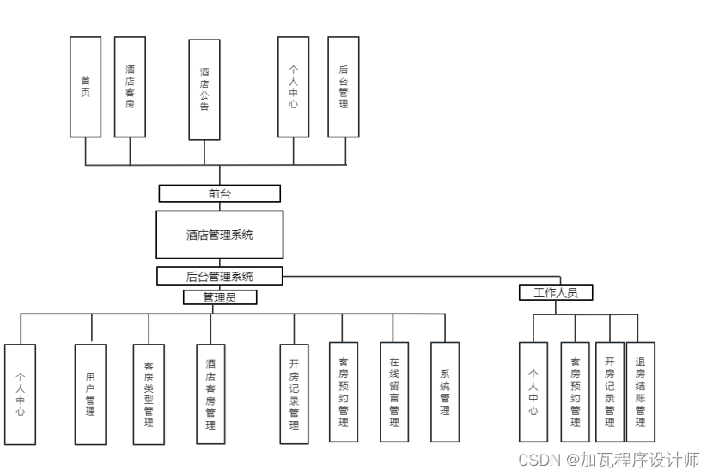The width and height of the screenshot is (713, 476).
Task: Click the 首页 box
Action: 85,87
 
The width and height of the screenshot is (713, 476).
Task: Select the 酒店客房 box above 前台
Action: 130,87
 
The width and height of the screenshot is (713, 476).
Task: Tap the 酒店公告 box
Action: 204,89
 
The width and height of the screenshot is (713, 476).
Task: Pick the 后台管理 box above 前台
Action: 344,87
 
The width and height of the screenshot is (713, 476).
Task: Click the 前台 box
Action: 220,193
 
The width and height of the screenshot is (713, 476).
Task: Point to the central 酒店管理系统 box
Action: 220,235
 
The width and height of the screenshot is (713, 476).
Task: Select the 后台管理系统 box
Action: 220,277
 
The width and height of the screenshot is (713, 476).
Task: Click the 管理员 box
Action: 220,297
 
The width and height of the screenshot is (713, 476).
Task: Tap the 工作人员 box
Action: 556,293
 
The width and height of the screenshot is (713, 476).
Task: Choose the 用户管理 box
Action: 90,394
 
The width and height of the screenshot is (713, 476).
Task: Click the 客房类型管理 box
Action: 149,394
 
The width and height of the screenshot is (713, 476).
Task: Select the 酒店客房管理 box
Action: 210,394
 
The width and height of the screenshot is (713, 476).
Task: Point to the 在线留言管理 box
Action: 394,392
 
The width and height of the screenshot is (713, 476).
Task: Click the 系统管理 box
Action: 445,392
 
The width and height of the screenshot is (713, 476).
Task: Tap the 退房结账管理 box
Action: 640,392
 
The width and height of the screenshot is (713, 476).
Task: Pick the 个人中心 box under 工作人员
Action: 533,392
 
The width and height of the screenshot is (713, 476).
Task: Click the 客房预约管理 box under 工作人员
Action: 576,392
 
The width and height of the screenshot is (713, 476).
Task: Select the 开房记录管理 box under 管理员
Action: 294,394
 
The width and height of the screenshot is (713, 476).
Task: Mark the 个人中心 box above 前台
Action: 294,87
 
